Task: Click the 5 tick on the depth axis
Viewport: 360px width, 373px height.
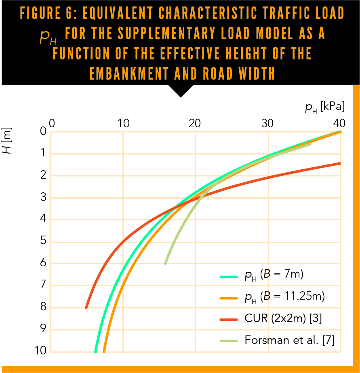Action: [43, 242]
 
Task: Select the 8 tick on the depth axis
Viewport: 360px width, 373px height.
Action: [43, 308]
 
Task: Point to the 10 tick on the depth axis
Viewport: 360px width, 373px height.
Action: [40, 352]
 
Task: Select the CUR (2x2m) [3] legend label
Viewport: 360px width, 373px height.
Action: [283, 319]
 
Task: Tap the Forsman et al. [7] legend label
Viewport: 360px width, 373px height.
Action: [289, 340]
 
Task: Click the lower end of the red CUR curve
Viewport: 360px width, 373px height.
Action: [86, 308]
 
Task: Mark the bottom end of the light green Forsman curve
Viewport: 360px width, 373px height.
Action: [165, 263]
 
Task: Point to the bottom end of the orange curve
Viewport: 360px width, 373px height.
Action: [104, 351]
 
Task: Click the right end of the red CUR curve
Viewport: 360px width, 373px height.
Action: [339, 163]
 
